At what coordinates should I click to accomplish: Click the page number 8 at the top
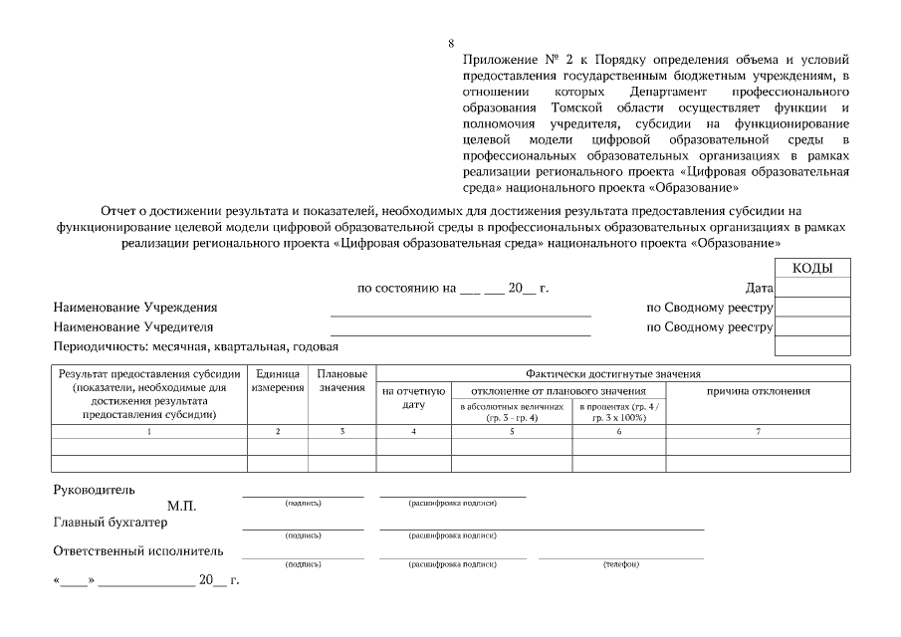[x=452, y=43]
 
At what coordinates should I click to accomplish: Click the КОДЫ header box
[x=812, y=269]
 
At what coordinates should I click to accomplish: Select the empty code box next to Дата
[x=812, y=289]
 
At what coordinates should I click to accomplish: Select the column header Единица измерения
[x=278, y=380]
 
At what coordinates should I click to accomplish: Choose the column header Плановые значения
[x=342, y=380]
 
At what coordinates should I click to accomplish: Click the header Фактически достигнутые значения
[x=613, y=373]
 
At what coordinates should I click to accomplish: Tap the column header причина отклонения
[x=758, y=391]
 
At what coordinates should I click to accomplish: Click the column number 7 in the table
[x=758, y=431]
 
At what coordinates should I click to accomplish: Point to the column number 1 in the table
[x=149, y=431]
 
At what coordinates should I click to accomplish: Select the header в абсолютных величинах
[x=512, y=412]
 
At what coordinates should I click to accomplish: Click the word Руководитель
[x=94, y=490]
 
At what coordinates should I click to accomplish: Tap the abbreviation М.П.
[x=182, y=506]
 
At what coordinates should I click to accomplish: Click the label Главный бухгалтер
[x=110, y=523]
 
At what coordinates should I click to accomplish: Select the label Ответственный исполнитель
[x=137, y=550]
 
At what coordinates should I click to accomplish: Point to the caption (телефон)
[x=621, y=564]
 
